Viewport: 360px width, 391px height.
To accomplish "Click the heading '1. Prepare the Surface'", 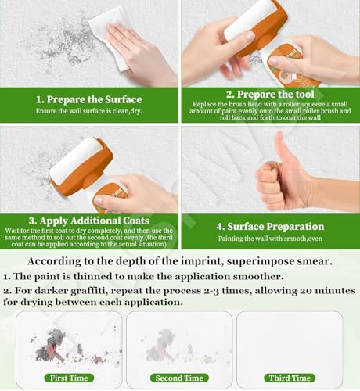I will (x=88, y=99).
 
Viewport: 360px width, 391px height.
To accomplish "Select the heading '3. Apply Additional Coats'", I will (x=88, y=221).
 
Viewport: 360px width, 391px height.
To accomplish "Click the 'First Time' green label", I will (x=69, y=378).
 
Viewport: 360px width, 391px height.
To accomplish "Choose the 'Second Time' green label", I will (x=179, y=378).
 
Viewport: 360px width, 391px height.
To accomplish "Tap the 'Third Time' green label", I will (x=290, y=378).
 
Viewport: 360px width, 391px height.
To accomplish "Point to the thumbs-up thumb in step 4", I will (x=281, y=148).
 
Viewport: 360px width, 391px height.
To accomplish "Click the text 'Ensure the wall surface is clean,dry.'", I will (x=88, y=111).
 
